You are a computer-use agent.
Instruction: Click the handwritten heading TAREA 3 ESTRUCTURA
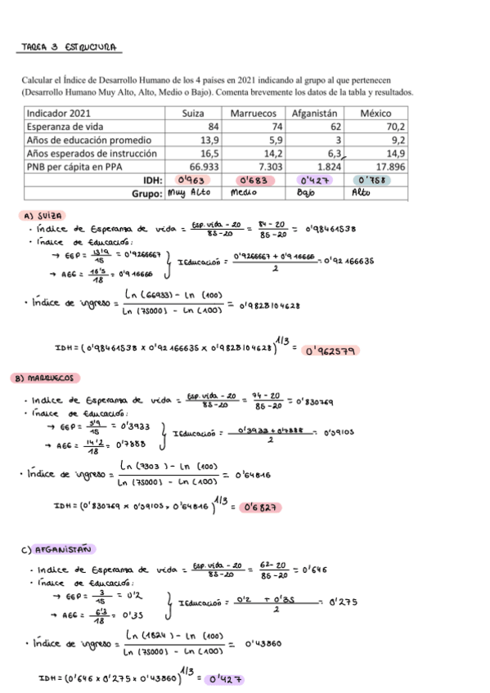point(70,47)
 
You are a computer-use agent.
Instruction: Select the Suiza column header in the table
point(193,113)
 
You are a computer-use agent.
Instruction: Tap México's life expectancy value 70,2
point(395,127)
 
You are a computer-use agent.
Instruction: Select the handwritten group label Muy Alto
point(190,194)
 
